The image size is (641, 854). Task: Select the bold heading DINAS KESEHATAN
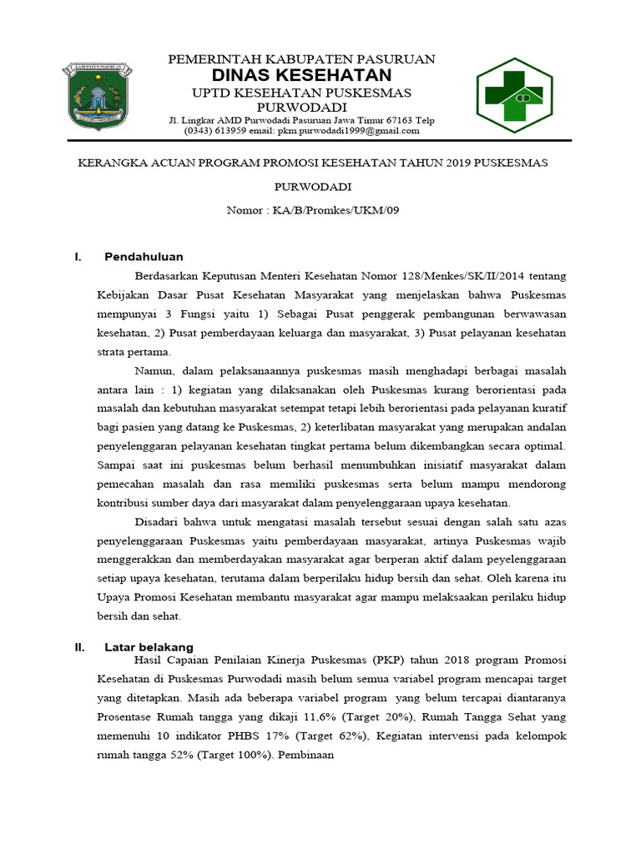[301, 75]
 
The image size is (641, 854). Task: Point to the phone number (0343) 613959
[215, 131]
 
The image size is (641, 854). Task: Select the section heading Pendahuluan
[144, 257]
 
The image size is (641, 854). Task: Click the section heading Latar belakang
[149, 646]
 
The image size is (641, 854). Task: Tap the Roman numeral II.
[79, 646]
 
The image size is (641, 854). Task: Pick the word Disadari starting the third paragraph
[158, 522]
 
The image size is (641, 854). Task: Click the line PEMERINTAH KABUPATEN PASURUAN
[301, 58]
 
